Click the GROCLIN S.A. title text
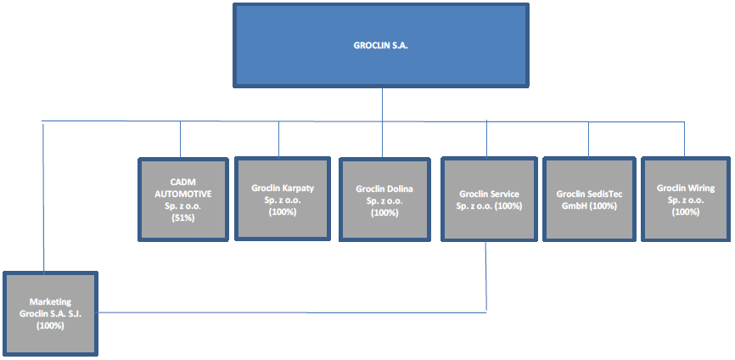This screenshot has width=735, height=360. [380, 46]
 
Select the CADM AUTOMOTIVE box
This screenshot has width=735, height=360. [183, 200]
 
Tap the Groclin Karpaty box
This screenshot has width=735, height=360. [282, 200]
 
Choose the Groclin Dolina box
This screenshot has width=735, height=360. [384, 200]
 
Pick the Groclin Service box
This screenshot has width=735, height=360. [489, 200]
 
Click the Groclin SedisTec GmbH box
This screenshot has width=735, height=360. [589, 200]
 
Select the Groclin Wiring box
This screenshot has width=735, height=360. [686, 200]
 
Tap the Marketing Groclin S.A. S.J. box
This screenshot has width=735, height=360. [50, 314]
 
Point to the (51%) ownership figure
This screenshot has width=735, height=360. [183, 217]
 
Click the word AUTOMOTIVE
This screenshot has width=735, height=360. [183, 194]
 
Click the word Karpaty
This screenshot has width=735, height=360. [298, 188]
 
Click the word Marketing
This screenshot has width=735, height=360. [50, 302]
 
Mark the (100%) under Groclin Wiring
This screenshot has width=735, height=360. [686, 212]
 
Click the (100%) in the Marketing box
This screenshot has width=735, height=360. [50, 326]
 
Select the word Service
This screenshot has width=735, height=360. [505, 194]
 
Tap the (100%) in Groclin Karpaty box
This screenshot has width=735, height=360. [282, 212]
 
